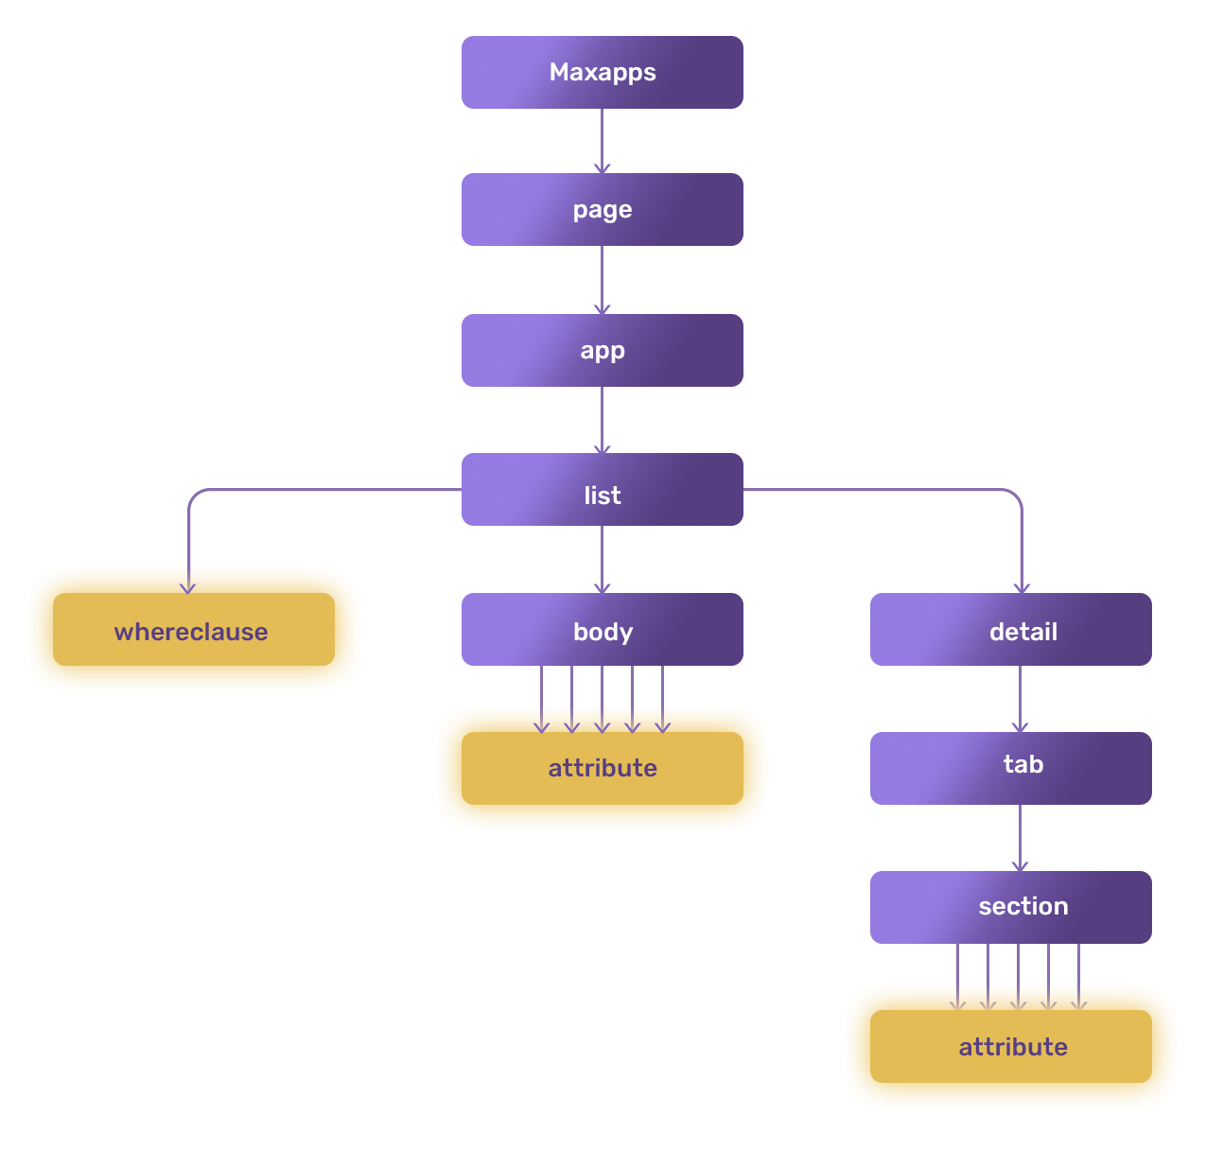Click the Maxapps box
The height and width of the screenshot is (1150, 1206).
pos(602,73)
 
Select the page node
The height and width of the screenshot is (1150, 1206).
pos(602,210)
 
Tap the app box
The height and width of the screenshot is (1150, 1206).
pos(602,351)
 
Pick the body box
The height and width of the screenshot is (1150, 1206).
pos(602,630)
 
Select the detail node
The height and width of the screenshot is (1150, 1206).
pos(1010,630)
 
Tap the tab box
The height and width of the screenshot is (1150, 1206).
pos(1010,768)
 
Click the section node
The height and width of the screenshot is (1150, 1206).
pos(1010,907)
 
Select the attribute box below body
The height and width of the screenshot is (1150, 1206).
pos(602,769)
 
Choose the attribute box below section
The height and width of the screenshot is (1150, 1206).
pos(1010,1047)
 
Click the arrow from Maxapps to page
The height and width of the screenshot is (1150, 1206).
pos(602,141)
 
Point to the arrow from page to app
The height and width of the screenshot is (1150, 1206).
pos(602,280)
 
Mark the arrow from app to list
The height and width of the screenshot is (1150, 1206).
pos(602,420)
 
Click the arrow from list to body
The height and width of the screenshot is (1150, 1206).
pos(602,559)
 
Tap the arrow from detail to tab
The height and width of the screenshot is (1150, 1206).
pos(1020,699)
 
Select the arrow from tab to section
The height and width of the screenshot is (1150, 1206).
pos(1020,838)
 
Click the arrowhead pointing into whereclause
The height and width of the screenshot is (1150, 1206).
pos(188,587)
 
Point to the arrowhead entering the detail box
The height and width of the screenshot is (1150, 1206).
pos(1022,587)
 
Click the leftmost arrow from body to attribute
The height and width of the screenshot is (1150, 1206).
pos(541,699)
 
